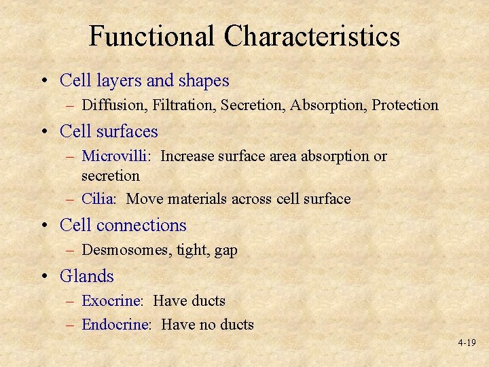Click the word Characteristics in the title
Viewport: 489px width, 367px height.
pyautogui.click(x=313, y=36)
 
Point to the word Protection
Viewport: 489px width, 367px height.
pyautogui.click(x=405, y=105)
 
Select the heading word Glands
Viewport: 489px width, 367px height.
pyautogui.click(x=87, y=276)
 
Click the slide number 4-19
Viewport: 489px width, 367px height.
pyautogui.click(x=466, y=343)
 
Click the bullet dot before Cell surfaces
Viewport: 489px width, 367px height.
pyautogui.click(x=45, y=132)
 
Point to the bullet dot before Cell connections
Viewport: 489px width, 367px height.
pyautogui.click(x=45, y=226)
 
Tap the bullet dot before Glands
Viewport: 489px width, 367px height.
pyautogui.click(x=45, y=277)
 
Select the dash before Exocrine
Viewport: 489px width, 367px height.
pyautogui.click(x=71, y=301)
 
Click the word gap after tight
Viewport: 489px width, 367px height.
pyautogui.click(x=225, y=251)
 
